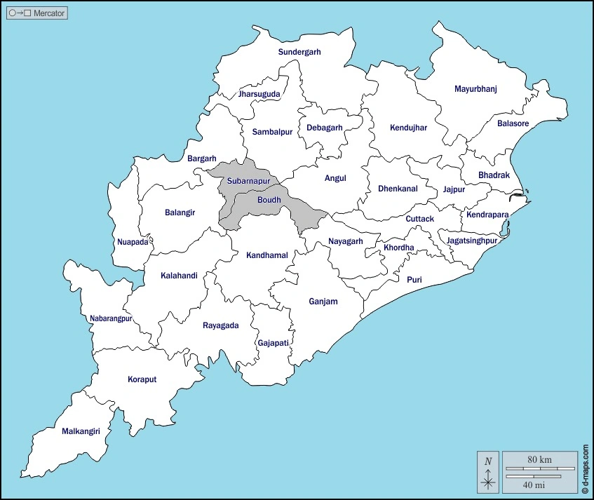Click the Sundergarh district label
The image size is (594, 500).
[299, 52]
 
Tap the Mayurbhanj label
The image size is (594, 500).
[475, 89]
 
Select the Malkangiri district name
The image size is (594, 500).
[81, 431]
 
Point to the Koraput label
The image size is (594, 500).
[142, 379]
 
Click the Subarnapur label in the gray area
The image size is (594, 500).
[248, 181]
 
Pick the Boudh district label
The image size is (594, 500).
[269, 200]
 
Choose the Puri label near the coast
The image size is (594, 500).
[414, 279]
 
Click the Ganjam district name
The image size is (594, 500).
[323, 302]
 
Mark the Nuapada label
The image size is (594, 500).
[133, 242]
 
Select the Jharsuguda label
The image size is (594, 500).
[259, 93]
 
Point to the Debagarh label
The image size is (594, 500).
[324, 128]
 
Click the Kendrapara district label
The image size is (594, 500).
[487, 215]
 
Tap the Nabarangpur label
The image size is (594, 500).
[111, 318]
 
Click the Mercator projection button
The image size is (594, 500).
[38, 13]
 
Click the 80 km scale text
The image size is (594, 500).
[539, 459]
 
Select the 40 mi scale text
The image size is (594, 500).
[535, 484]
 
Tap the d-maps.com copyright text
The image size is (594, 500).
[585, 468]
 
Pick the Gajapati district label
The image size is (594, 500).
[273, 342]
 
